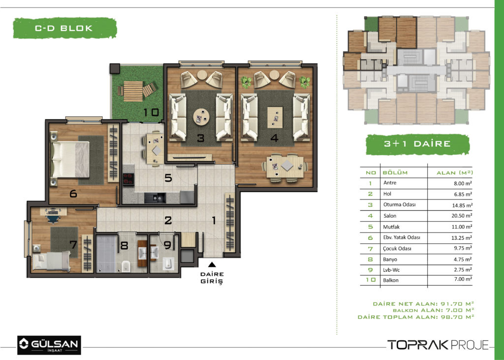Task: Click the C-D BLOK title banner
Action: pyautogui.click(x=64, y=28)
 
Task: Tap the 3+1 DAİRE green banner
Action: pyautogui.click(x=417, y=144)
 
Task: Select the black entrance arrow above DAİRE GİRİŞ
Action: pyautogui.click(x=212, y=264)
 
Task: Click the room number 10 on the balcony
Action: pyautogui.click(x=151, y=112)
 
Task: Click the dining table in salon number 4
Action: pyautogui.click(x=285, y=166)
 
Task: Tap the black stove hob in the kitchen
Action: pyautogui.click(x=128, y=179)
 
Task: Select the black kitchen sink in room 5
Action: pyautogui.click(x=155, y=197)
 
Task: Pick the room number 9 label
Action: pyautogui.click(x=167, y=245)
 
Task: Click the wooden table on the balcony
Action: pyautogui.click(x=133, y=91)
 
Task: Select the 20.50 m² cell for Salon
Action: pyautogui.click(x=462, y=216)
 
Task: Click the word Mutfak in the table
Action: pyautogui.click(x=391, y=227)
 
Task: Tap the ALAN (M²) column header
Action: pyautogui.click(x=454, y=173)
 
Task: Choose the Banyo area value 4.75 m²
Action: pyautogui.click(x=463, y=260)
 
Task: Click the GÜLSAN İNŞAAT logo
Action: pyautogui.click(x=49, y=345)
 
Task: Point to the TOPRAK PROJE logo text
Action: pyautogui.click(x=438, y=345)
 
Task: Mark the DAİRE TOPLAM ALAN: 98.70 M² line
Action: pyautogui.click(x=416, y=317)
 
